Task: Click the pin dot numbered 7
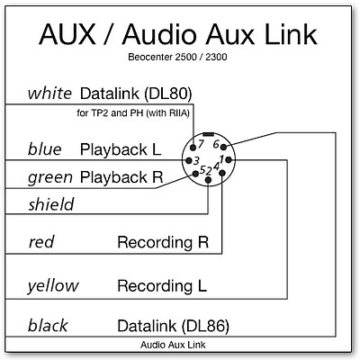(193, 148)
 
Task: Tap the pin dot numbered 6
(224, 147)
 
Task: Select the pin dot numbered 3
(189, 160)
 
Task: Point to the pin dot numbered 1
(229, 159)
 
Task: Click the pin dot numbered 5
(195, 174)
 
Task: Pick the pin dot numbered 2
(208, 180)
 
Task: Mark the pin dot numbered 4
(222, 173)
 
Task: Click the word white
(49, 94)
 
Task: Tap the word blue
(44, 149)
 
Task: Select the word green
(50, 177)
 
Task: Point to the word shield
(51, 204)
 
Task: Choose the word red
(41, 242)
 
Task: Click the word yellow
(53, 286)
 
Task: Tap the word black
(48, 326)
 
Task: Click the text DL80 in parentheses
(167, 94)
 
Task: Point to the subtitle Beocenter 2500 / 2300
(177, 57)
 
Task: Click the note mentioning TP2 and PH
(133, 113)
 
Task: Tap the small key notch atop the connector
(208, 134)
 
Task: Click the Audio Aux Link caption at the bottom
(173, 345)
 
